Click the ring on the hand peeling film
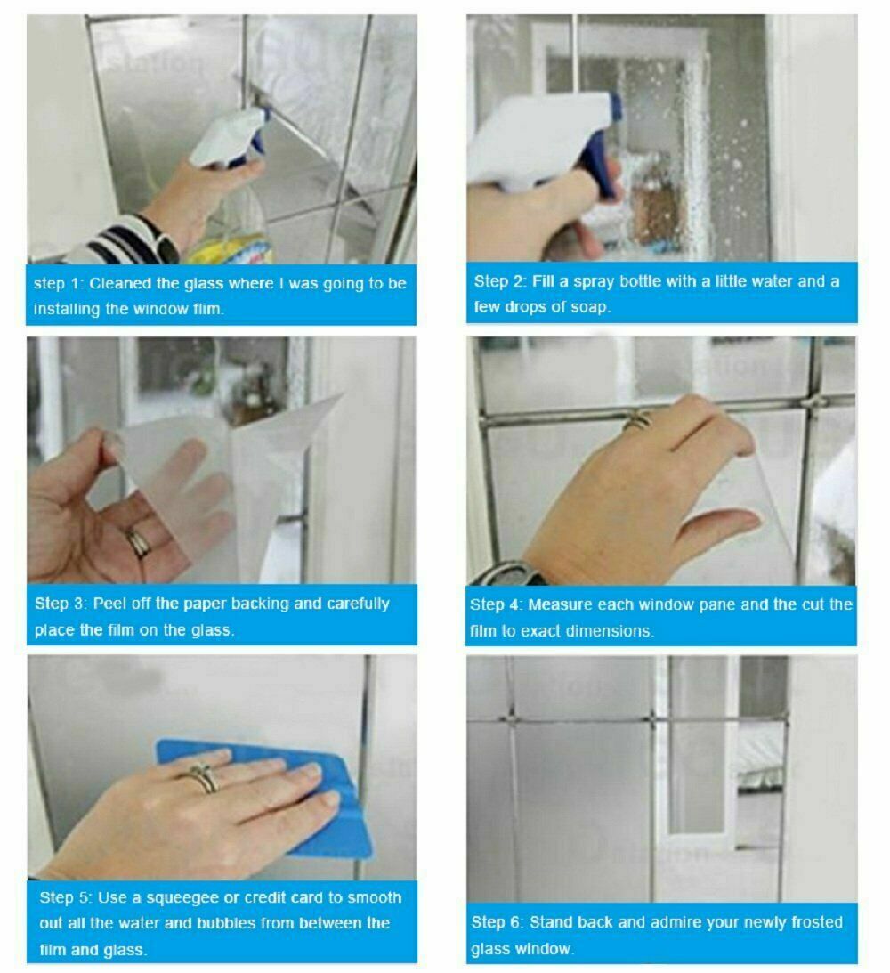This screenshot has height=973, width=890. [x=138, y=543]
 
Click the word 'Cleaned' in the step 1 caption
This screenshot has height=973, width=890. [x=120, y=284]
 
